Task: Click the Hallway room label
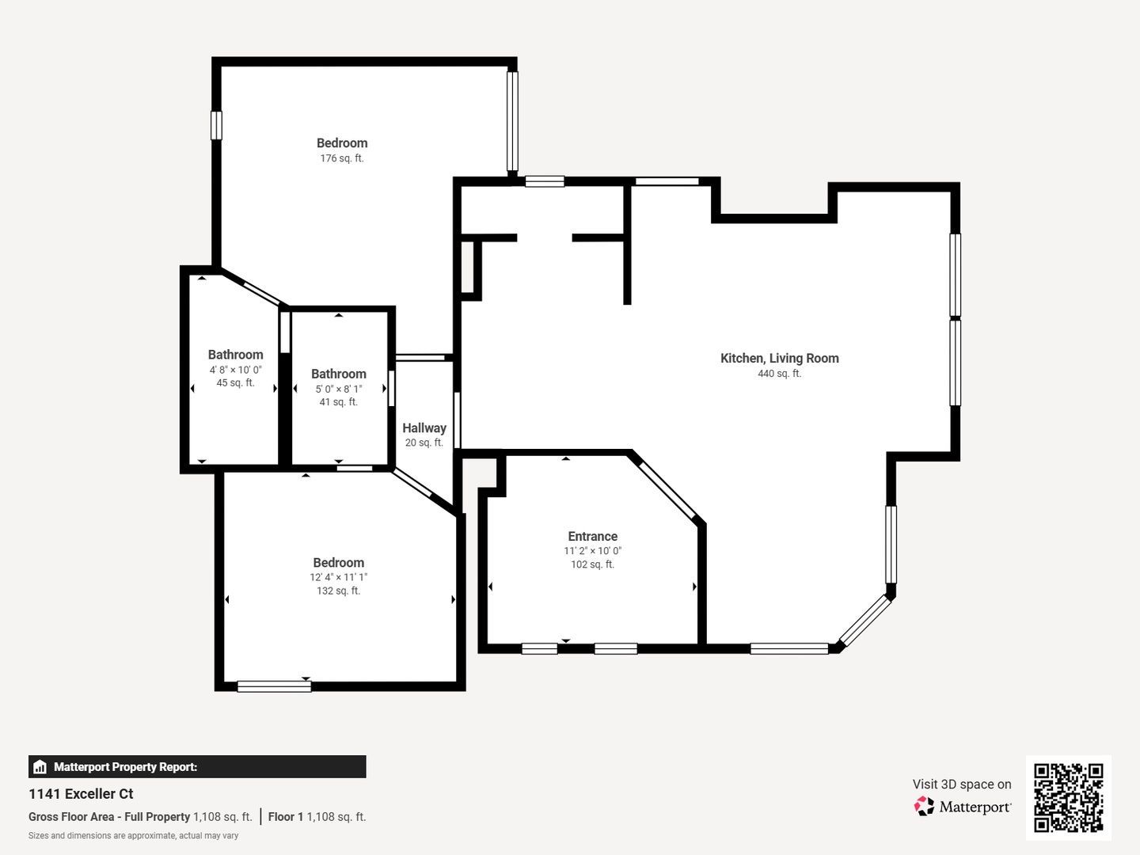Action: point(424,427)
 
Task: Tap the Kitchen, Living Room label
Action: point(779,358)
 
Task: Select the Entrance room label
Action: point(593,536)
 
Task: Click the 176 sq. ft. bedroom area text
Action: point(342,158)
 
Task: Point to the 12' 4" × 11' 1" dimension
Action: point(339,577)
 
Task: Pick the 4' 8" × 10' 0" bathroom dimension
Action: point(235,370)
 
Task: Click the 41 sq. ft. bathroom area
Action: point(339,402)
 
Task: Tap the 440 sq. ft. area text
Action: point(779,373)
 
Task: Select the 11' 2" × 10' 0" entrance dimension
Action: point(593,551)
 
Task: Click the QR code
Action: point(1068,797)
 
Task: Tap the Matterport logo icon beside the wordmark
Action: point(924,806)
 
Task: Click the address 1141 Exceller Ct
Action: point(81,794)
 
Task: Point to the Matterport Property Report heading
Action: point(125,767)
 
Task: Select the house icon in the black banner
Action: point(40,767)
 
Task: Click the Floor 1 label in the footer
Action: point(286,816)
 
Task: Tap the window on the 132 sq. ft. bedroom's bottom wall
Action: point(274,686)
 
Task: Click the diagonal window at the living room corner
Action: point(864,621)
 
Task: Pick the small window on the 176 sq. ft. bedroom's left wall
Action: point(216,125)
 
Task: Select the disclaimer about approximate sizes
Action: point(134,836)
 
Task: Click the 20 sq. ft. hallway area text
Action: point(424,443)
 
